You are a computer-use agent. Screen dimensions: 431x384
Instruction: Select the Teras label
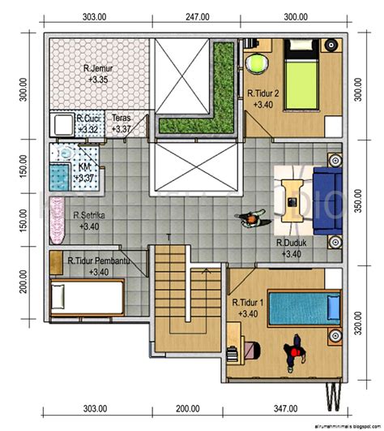coord(122,119)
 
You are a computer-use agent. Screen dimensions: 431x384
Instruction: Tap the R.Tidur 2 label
coord(263,93)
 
